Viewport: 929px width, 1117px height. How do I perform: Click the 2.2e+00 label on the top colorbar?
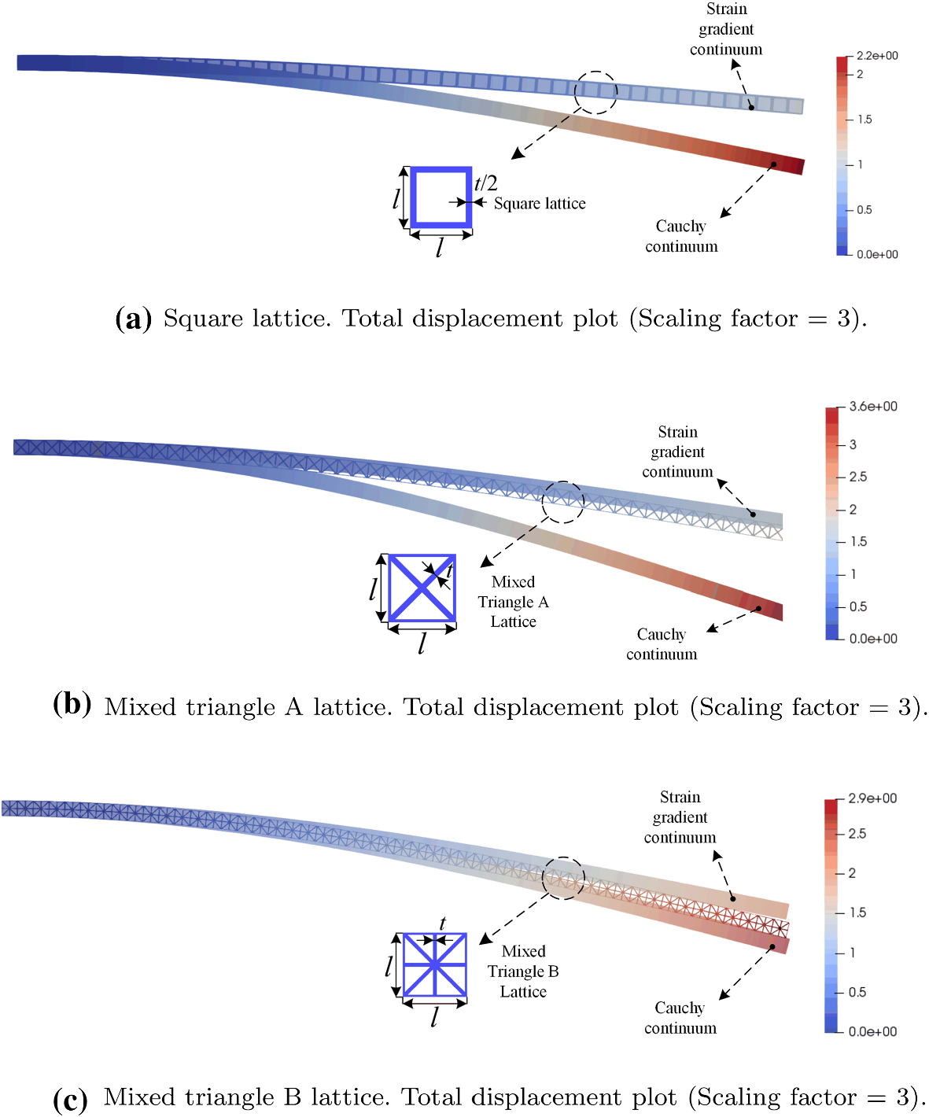pyautogui.click(x=876, y=56)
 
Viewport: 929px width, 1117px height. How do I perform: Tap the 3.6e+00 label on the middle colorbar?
pyautogui.click(x=873, y=407)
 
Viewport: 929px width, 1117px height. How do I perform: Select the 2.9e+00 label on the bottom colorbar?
pyautogui.click(x=872, y=798)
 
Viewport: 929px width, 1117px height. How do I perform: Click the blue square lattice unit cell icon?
pyautogui.click(x=441, y=197)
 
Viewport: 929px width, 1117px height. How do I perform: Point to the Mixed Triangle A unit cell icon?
pyautogui.click(x=422, y=588)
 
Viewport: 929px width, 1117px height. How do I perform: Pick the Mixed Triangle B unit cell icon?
pyautogui.click(x=434, y=965)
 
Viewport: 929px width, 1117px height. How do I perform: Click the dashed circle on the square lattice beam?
pyautogui.click(x=595, y=92)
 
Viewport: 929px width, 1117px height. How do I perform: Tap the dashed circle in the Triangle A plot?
pyautogui.click(x=563, y=502)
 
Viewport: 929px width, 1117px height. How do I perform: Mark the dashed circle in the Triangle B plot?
pyautogui.click(x=563, y=878)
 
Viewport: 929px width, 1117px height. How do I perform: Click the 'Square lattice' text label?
pyautogui.click(x=540, y=204)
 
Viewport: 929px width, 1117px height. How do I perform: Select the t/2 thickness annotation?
pyautogui.click(x=486, y=183)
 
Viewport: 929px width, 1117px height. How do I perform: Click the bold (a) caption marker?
pyautogui.click(x=133, y=319)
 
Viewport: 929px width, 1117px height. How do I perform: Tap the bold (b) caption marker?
pyautogui.click(x=72, y=703)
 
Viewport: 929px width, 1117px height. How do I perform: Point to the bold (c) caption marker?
pyautogui.click(x=70, y=1098)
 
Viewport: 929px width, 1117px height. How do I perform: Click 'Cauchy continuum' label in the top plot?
pyautogui.click(x=681, y=236)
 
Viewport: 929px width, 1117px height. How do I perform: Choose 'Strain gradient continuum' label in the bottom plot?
pyautogui.click(x=680, y=817)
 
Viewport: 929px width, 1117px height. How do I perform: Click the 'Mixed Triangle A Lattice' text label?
pyautogui.click(x=513, y=602)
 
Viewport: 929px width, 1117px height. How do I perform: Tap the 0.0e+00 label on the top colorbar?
pyautogui.click(x=877, y=255)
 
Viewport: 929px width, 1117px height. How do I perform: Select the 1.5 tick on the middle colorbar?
pyautogui.click(x=858, y=542)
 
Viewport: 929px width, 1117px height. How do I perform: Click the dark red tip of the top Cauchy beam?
pyautogui.click(x=796, y=166)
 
